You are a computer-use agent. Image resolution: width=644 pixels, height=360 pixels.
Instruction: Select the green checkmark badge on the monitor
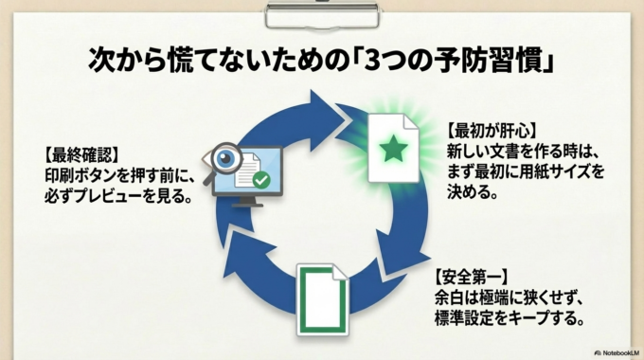coord(260,177)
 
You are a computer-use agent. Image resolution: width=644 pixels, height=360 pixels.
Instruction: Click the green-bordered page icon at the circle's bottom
coord(320,301)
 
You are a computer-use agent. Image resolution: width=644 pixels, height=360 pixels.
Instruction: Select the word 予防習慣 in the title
coord(507,59)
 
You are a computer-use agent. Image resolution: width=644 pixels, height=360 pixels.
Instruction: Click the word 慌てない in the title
coord(187,59)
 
